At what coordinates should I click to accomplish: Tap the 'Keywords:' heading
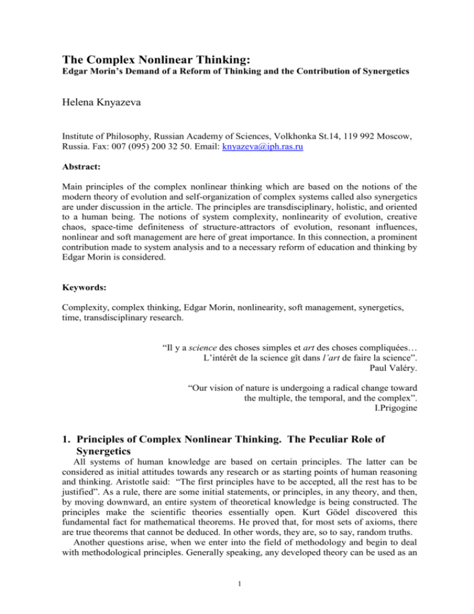83,272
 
